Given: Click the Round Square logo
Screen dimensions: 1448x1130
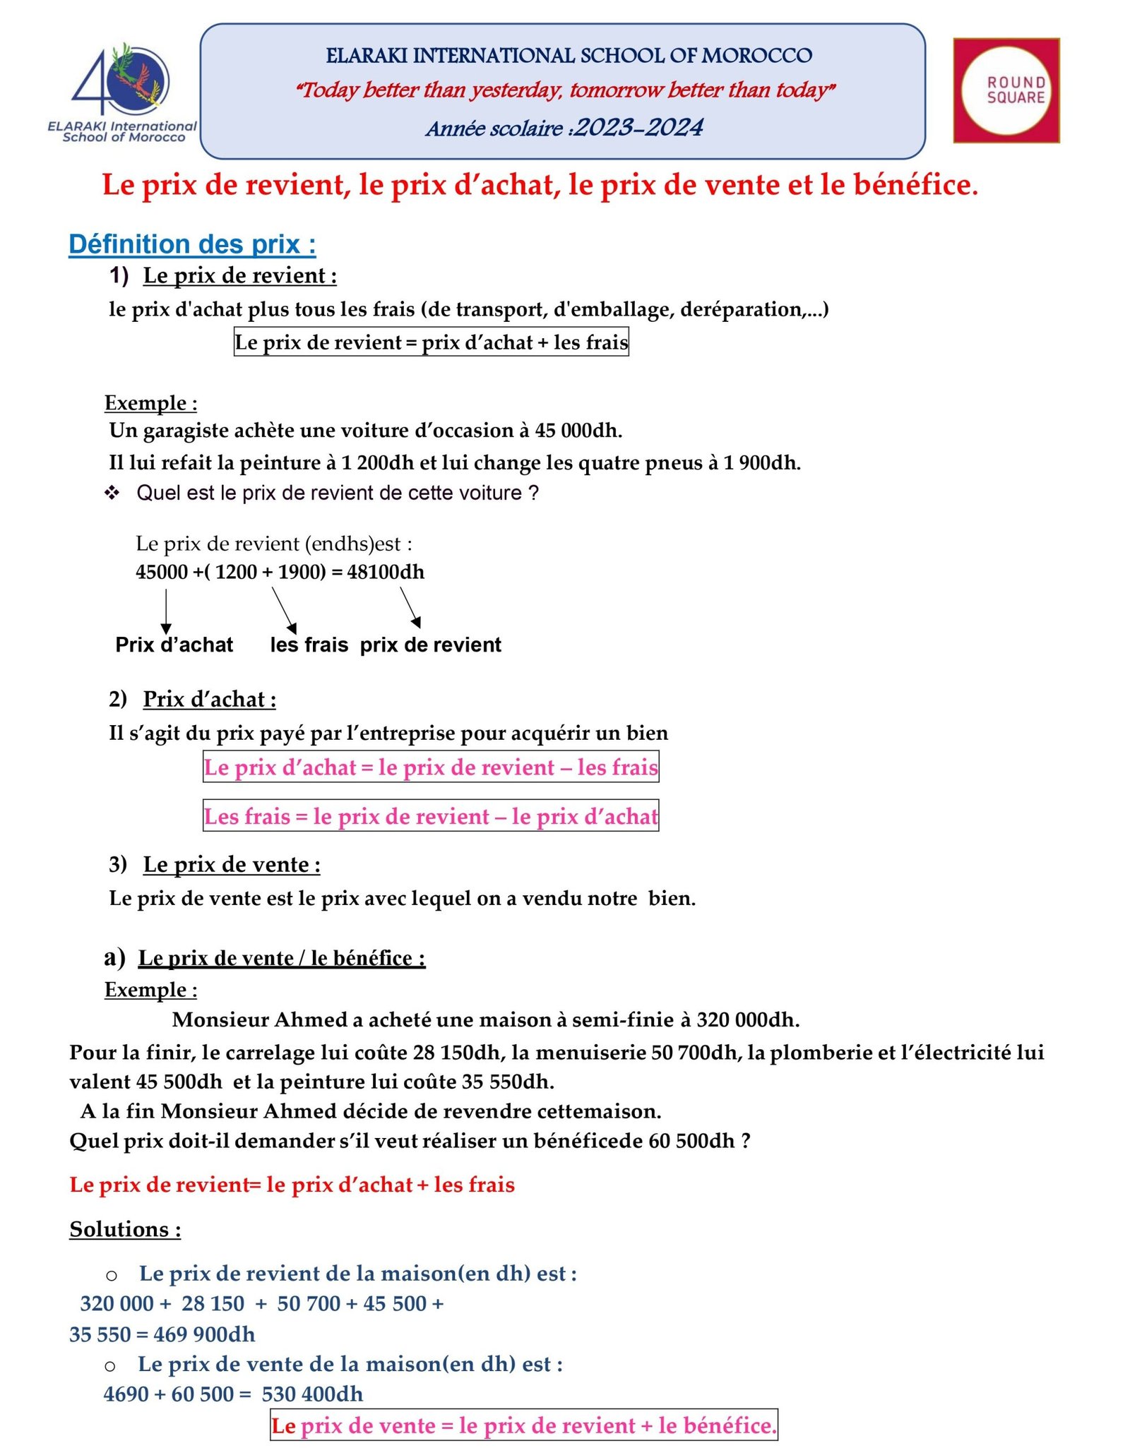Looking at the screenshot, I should click(1006, 90).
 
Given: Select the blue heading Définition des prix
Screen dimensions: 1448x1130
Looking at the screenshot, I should click(192, 244).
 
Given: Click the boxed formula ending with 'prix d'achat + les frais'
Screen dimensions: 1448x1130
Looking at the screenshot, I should click(431, 342).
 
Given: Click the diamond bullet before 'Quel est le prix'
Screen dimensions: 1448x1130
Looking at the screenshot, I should click(112, 493).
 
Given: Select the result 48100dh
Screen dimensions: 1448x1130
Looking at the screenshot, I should click(386, 572).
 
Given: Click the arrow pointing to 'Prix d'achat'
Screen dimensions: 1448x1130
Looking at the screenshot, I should click(166, 611).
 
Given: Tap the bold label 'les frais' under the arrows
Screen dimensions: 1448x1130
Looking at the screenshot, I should click(309, 645).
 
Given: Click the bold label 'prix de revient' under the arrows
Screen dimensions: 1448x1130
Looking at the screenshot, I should click(430, 645).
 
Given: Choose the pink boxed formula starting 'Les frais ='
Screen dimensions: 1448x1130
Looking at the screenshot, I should click(431, 816).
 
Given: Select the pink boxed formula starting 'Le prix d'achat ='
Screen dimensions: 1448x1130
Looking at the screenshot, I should click(431, 767).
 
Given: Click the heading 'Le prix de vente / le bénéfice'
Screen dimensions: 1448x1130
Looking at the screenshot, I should click(281, 958).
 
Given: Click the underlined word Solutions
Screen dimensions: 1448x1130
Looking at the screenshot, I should click(125, 1229).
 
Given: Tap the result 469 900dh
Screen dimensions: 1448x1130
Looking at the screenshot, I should click(204, 1334).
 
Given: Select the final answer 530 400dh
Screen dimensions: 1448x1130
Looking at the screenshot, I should click(312, 1394).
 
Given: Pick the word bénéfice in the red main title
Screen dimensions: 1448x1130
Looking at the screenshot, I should click(915, 185).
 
